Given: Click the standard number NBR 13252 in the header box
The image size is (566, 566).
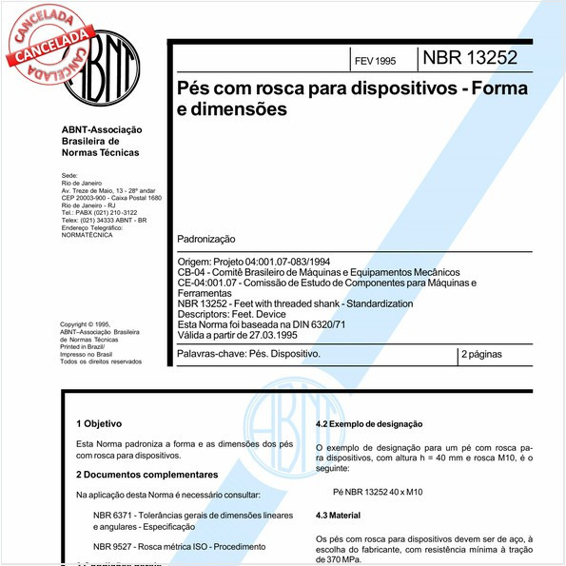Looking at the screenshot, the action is (471, 57).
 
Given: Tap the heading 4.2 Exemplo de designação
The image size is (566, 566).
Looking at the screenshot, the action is (368, 423).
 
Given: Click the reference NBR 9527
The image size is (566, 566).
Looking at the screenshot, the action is (114, 546).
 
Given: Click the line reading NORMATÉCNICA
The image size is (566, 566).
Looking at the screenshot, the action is (87, 235).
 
